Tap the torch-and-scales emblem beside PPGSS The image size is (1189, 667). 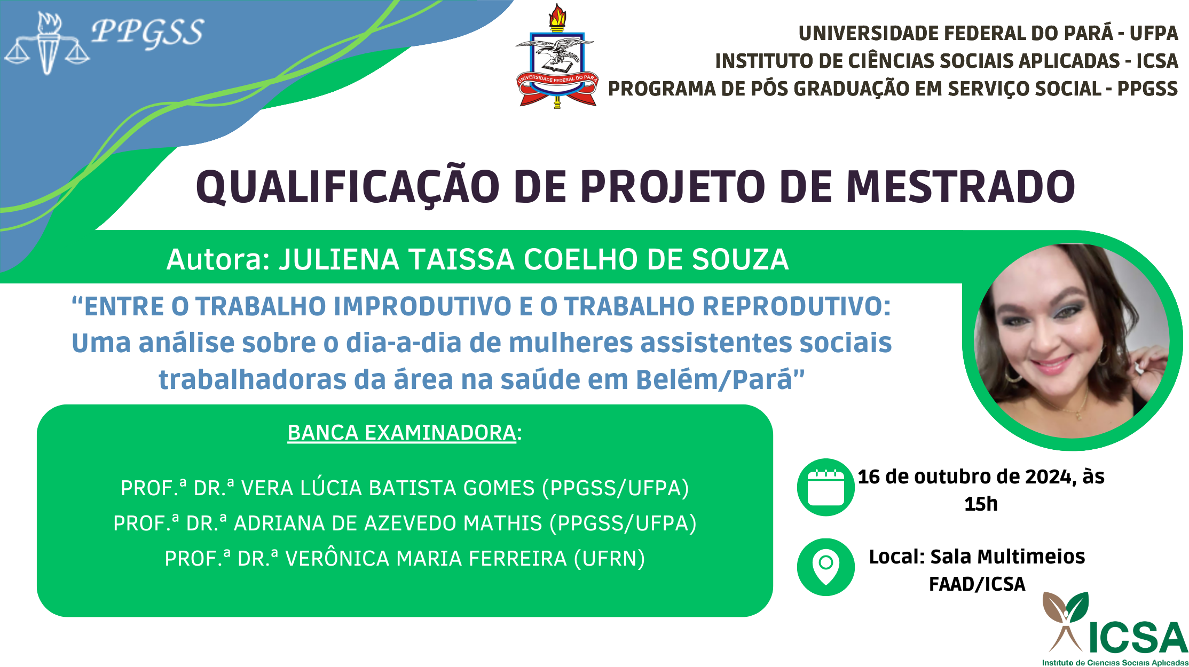point(47,44)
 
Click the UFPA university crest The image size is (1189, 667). point(557,56)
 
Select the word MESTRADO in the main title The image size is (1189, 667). point(960,187)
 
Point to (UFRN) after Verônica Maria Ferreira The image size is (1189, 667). point(609,559)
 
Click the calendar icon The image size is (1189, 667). point(825,487)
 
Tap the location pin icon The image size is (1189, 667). point(825,567)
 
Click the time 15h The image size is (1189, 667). point(981,504)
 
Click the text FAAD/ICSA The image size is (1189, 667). point(977,584)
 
